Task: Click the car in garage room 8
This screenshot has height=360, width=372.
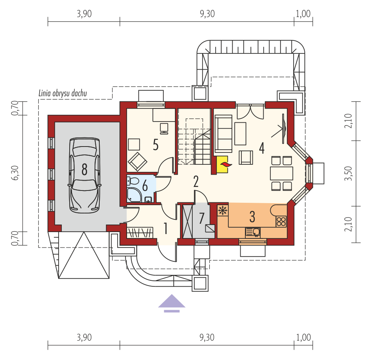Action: (84, 175)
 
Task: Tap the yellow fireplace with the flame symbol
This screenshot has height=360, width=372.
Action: (222, 164)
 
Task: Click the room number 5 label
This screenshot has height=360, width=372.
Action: (156, 145)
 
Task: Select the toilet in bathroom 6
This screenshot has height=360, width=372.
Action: (133, 181)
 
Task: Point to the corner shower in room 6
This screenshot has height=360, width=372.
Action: (134, 195)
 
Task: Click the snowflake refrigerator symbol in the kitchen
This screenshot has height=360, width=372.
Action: (222, 210)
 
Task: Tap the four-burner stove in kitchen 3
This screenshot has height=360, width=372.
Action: (281, 221)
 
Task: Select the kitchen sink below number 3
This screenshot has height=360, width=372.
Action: (252, 232)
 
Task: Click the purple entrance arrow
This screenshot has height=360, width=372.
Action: (172, 303)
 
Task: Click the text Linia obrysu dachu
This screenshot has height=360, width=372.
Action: (63, 93)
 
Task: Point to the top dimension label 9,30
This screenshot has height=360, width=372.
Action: (207, 14)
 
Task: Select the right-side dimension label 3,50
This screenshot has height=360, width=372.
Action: (348, 173)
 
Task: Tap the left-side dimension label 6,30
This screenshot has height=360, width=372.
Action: (15, 173)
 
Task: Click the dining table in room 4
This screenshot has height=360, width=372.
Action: (281, 173)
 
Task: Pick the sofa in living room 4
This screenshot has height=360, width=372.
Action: (223, 134)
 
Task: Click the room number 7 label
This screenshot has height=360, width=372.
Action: (202, 218)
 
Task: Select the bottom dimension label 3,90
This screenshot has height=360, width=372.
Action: (84, 337)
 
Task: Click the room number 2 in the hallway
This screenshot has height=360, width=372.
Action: (196, 182)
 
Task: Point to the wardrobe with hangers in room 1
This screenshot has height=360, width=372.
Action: (140, 232)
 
